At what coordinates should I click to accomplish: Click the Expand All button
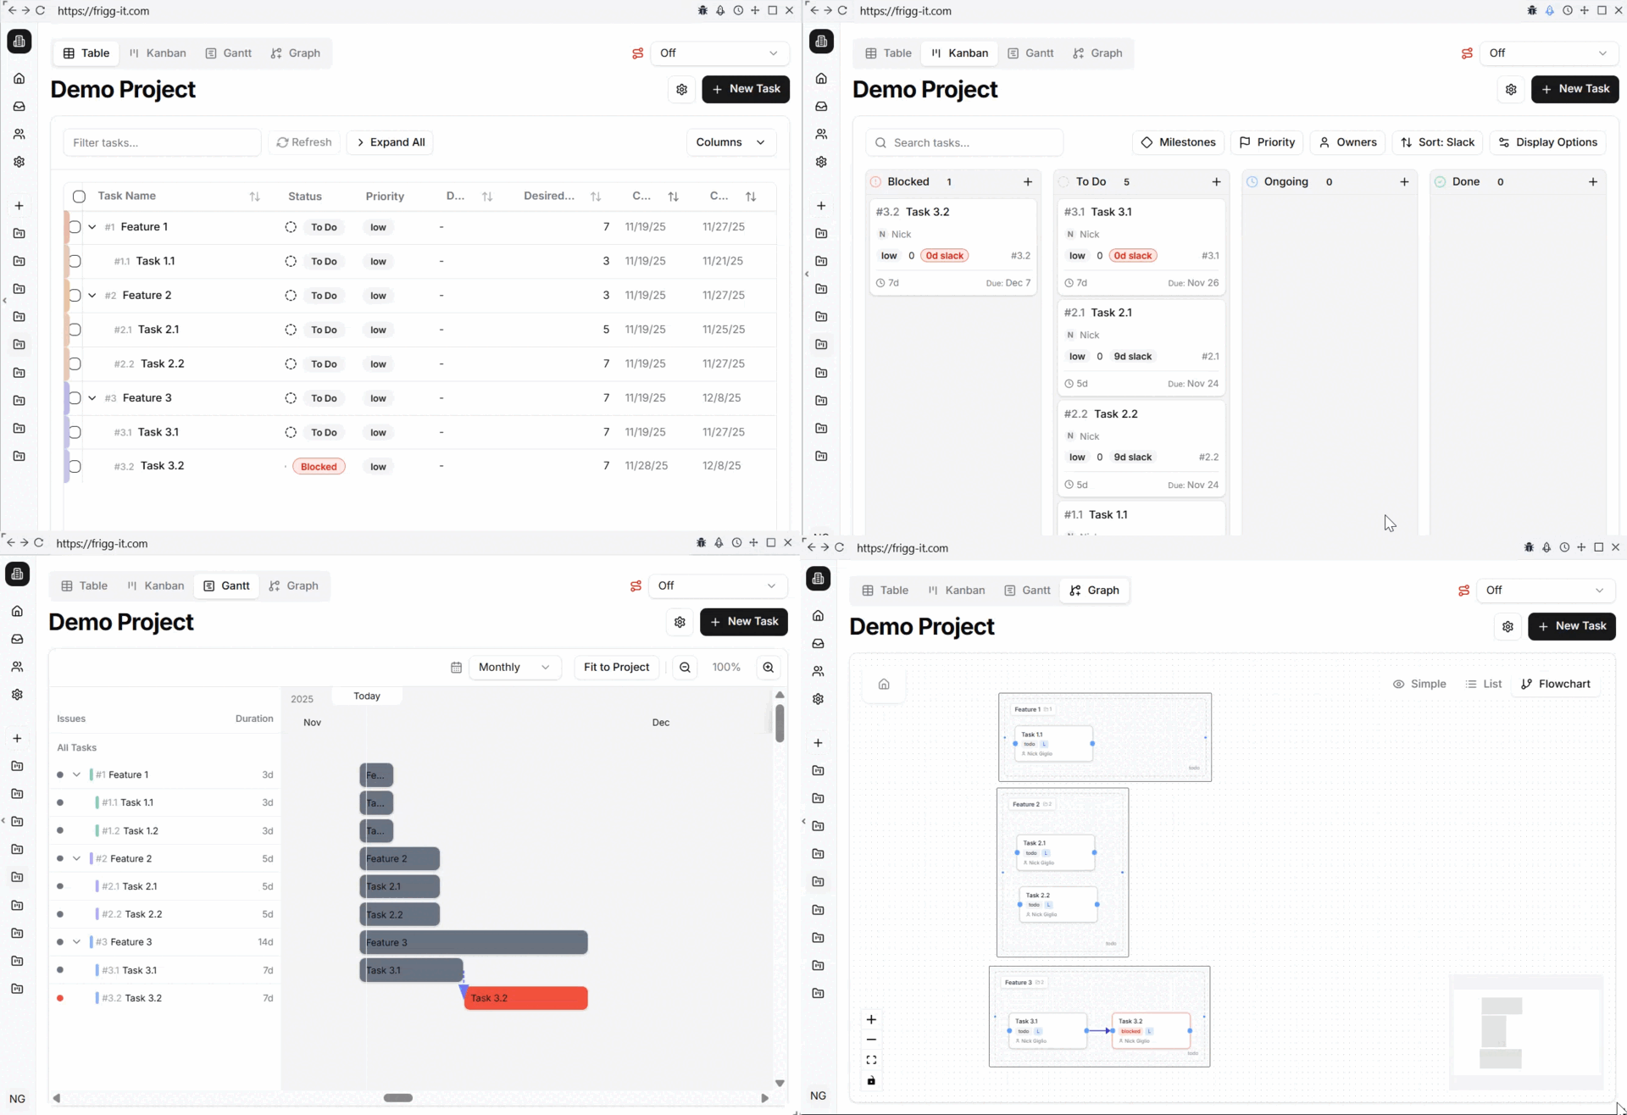pos(391,142)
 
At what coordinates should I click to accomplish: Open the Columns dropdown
pos(730,142)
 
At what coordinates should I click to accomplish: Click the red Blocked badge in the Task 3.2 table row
pos(319,467)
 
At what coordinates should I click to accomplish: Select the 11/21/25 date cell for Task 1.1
pos(723,261)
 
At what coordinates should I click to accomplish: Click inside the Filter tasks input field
pos(162,142)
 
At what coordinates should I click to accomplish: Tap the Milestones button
pos(1179,142)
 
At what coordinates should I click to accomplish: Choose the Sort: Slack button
pos(1437,142)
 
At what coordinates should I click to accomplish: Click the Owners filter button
pos(1347,142)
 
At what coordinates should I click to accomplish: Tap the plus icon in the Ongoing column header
pos(1404,182)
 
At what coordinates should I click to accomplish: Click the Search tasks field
pos(964,142)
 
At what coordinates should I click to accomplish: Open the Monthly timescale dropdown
pos(514,668)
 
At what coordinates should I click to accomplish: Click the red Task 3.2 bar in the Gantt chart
pos(525,998)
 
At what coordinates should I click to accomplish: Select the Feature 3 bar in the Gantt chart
pos(474,942)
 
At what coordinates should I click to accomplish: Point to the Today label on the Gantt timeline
pos(367,696)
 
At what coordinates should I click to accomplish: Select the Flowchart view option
pos(1556,685)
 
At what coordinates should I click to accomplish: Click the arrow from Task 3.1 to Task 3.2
pos(1099,1031)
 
